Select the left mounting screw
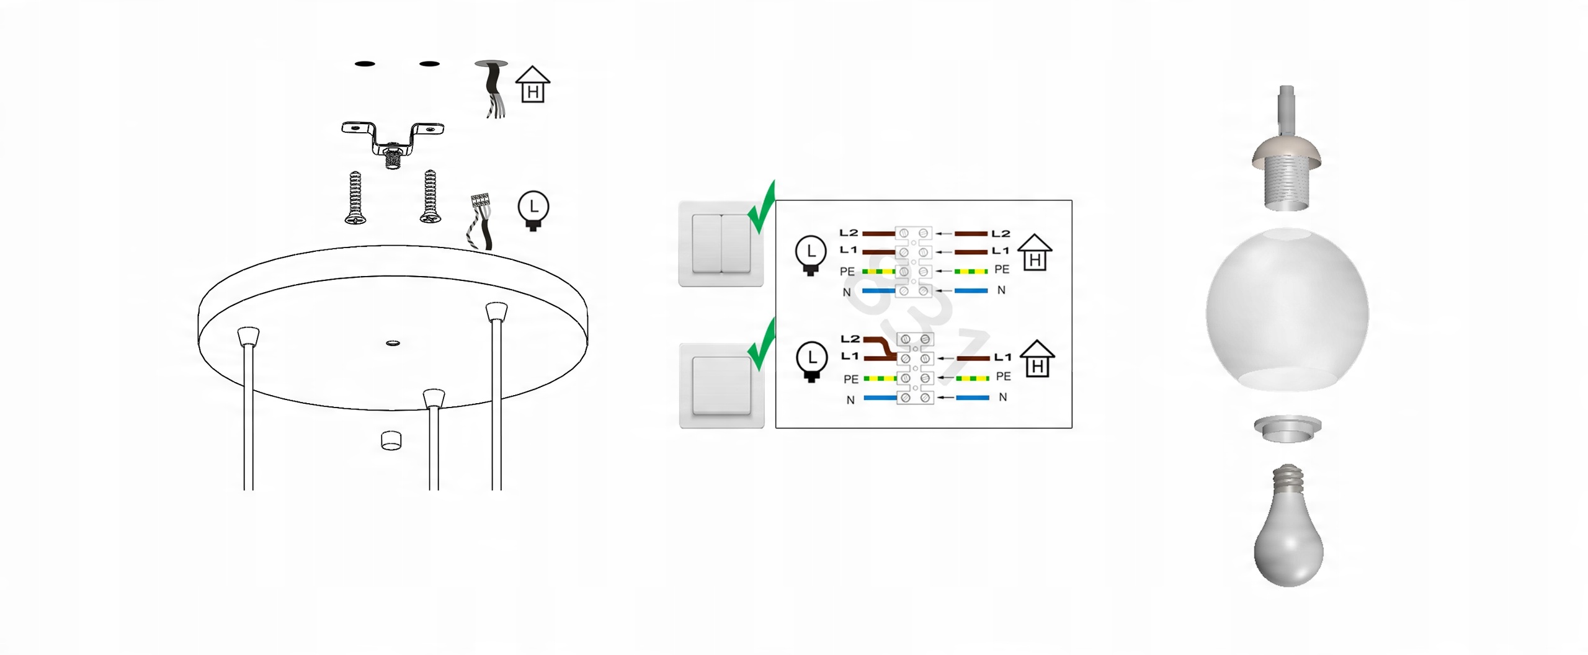coord(354,197)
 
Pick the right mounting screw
coord(430,196)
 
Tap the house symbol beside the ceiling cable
coord(533,84)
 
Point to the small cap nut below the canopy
coord(391,440)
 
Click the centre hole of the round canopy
coord(393,342)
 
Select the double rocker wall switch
coord(721,244)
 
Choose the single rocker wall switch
coord(721,385)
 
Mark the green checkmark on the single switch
coord(762,344)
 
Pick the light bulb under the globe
coord(1288,525)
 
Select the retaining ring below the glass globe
coord(1288,429)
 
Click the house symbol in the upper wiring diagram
coord(1035,252)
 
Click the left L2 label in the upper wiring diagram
coord(849,233)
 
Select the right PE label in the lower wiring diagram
coord(1003,376)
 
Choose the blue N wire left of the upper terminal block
coord(878,290)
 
